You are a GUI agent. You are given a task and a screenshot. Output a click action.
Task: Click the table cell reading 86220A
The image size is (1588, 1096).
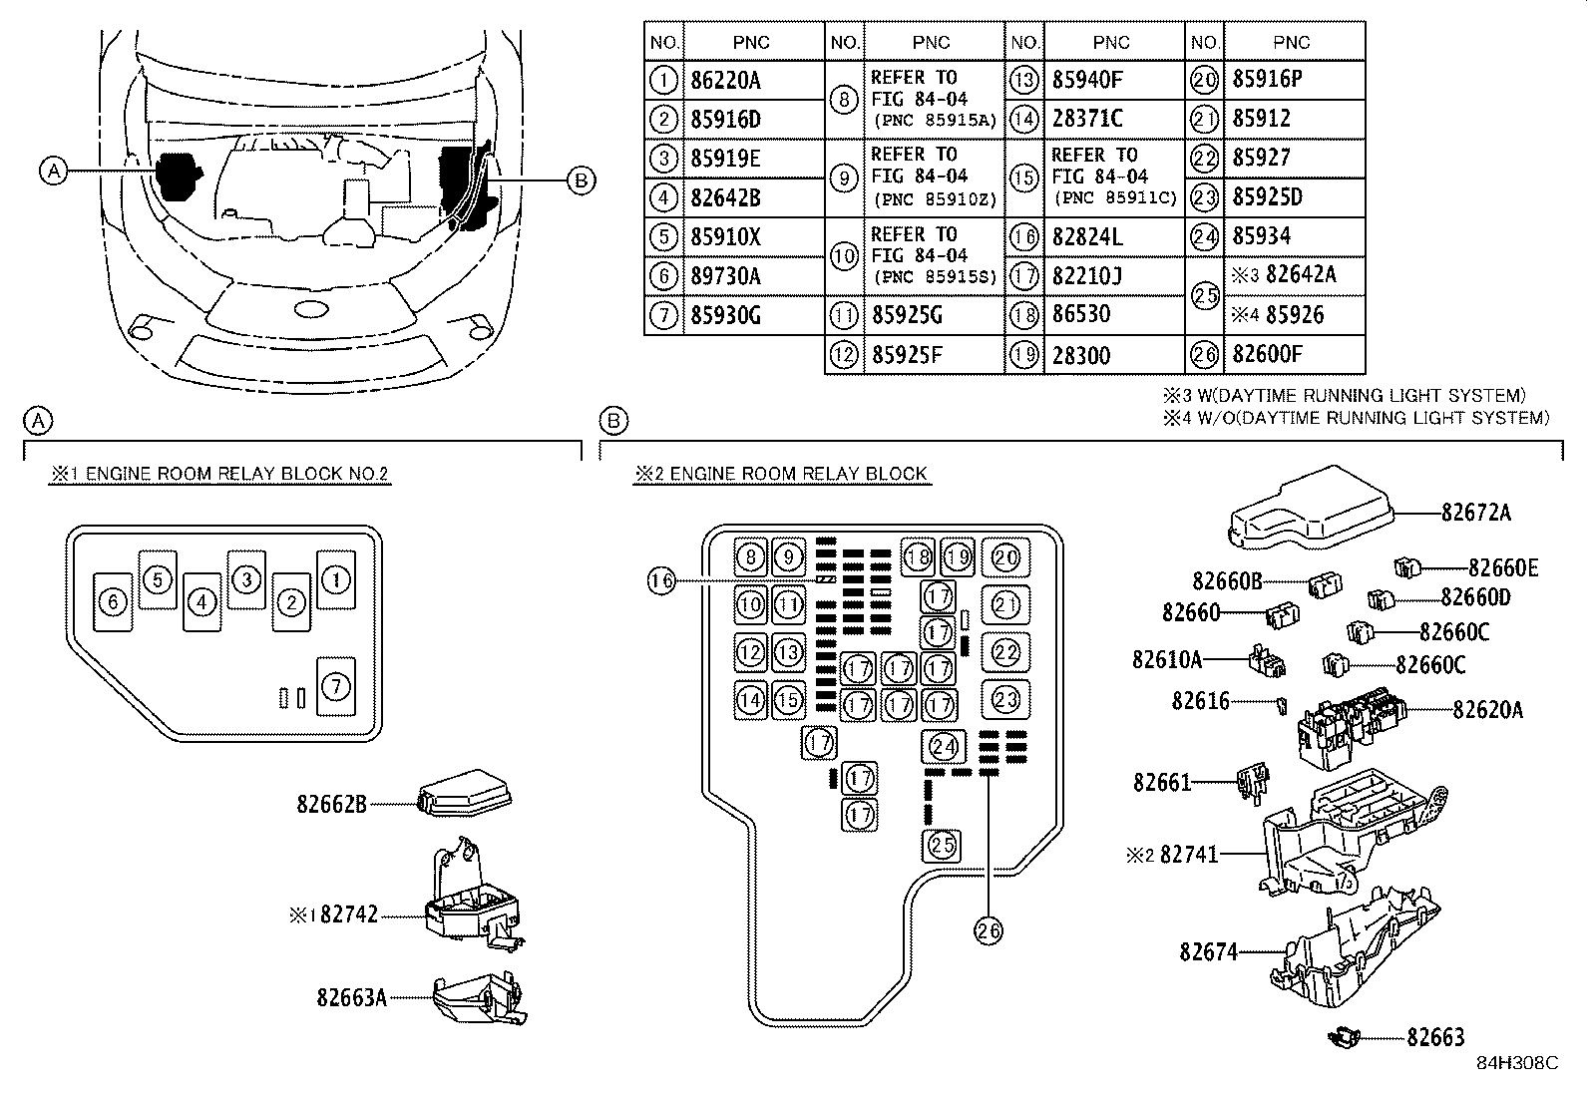point(725,80)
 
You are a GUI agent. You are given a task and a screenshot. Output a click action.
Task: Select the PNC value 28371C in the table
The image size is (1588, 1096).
point(1087,119)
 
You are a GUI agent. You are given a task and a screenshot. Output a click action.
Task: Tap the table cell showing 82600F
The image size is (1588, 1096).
point(1267,354)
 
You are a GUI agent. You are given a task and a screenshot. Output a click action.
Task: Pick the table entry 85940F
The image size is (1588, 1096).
point(1087,80)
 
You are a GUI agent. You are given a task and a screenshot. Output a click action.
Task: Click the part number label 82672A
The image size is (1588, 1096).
point(1476,512)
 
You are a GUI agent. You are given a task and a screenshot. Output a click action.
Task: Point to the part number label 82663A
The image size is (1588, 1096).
point(352,997)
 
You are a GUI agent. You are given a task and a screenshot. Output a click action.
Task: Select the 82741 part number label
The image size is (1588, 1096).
point(1189,855)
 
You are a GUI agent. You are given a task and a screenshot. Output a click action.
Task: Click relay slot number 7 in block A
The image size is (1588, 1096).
point(336,685)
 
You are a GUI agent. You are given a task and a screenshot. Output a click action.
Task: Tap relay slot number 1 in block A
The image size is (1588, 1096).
point(336,579)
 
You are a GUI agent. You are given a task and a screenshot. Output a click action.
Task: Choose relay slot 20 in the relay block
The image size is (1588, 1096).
point(1005,557)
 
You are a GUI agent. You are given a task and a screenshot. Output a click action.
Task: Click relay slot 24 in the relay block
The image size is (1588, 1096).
point(944,746)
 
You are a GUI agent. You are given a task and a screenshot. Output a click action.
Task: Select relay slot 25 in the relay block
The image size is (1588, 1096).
point(942,845)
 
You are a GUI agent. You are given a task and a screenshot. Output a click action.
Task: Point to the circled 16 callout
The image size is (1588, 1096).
point(661,581)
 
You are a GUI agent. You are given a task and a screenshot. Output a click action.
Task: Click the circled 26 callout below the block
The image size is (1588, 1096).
point(989,930)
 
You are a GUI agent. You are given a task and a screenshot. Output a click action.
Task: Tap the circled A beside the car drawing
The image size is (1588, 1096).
point(54,171)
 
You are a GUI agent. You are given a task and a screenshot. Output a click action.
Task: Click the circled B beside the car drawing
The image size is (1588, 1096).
point(581,181)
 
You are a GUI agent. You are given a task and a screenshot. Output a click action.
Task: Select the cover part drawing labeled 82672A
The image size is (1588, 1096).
point(1310,508)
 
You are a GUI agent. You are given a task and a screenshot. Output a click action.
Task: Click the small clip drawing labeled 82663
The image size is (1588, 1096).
point(1344,1037)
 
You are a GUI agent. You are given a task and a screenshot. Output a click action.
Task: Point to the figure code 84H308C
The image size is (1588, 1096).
point(1517,1063)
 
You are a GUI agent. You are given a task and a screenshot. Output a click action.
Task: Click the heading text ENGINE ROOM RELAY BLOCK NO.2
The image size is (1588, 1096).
point(236,474)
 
